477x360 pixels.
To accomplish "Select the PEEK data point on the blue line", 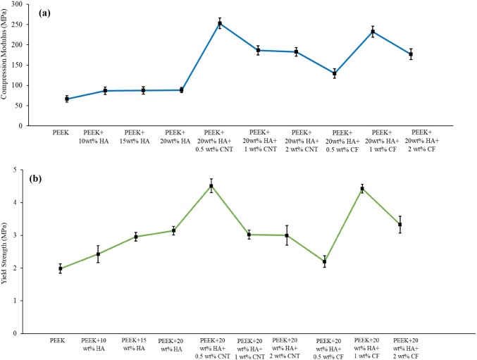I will (x=67, y=99).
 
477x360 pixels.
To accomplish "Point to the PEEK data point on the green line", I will (x=61, y=268).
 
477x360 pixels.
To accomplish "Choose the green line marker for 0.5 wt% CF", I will (x=325, y=261).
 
